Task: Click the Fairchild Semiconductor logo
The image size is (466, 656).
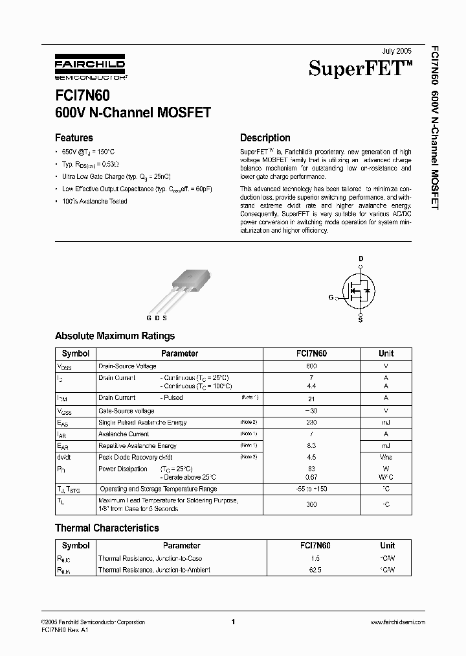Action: (90, 68)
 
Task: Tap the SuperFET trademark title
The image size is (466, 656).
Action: (360, 68)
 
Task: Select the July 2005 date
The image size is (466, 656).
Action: (396, 50)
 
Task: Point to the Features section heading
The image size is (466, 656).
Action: (74, 137)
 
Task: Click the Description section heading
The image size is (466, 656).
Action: (265, 137)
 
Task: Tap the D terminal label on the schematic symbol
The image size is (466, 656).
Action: (361, 258)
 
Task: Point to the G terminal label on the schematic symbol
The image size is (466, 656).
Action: (331, 298)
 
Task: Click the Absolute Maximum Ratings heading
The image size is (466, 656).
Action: (115, 336)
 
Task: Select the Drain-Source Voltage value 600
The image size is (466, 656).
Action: (311, 366)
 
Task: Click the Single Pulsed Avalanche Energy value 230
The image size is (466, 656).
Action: (311, 422)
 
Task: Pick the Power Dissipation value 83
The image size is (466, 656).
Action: (311, 468)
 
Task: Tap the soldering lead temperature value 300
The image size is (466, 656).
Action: (311, 504)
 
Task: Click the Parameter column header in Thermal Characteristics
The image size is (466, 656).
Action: (181, 545)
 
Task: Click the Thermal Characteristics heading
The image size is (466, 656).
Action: (107, 528)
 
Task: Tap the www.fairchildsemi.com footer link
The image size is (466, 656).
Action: (397, 622)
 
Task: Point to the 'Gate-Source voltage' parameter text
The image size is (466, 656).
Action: (126, 411)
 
